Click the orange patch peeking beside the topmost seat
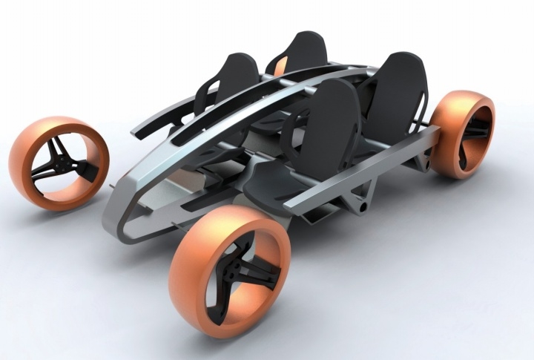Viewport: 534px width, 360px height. pos(280,68)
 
